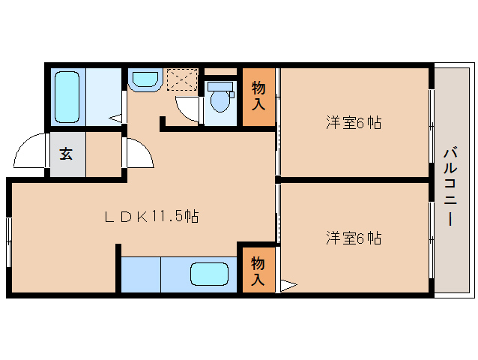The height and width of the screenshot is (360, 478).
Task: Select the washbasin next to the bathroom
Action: coord(144,79)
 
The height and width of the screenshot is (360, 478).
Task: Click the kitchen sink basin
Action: coord(208,274)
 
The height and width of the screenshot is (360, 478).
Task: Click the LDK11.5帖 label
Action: coord(151,217)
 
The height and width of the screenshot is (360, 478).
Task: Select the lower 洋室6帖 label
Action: coord(353,238)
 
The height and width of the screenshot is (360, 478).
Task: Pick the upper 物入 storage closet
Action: coord(258,96)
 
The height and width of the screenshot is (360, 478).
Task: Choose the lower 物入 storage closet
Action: coord(256,271)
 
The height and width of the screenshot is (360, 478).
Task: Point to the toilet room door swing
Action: coord(188,108)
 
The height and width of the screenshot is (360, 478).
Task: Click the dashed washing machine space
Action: coord(181,79)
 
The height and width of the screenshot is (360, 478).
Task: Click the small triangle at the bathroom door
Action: coord(117,118)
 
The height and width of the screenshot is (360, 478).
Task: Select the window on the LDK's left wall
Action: coord(10,240)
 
